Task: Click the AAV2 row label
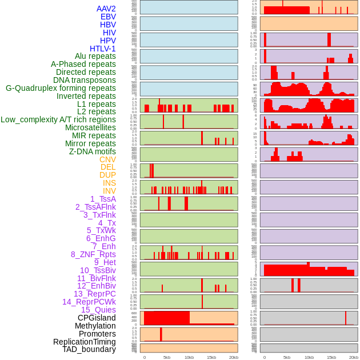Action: (106, 9)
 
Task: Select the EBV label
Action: (108, 17)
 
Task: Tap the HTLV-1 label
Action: (102, 49)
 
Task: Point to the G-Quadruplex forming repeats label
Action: (61, 88)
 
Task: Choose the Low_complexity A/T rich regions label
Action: (58, 119)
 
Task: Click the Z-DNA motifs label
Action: (93, 151)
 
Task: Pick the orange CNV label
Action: (107, 159)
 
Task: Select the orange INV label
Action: (109, 191)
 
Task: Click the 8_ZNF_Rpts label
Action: (93, 254)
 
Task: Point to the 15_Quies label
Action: (98, 310)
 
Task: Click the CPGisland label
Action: (97, 318)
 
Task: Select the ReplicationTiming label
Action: (85, 342)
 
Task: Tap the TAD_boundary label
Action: (89, 349)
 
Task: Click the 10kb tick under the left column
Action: (189, 358)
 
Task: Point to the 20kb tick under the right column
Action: (354, 358)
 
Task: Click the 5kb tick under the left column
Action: (167, 358)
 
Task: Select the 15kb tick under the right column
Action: (331, 358)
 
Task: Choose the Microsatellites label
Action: (90, 127)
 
